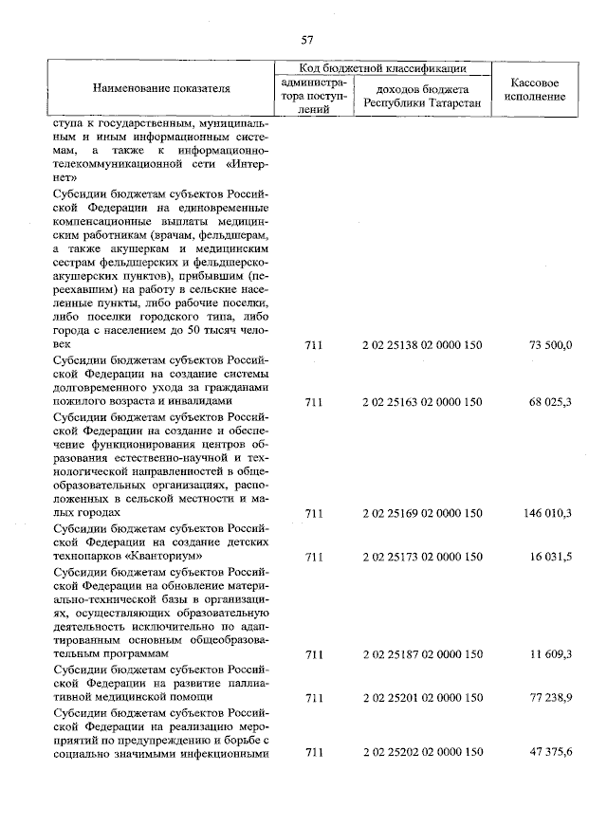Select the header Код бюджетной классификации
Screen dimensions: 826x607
382,68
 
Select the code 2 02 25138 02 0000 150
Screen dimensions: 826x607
421,344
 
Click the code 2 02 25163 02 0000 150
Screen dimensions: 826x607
421,401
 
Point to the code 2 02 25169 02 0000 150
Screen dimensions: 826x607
421,513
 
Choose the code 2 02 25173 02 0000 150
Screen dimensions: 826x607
421,556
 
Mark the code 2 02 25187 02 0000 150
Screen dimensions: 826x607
421,654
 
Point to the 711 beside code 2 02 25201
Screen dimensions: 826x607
314,697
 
